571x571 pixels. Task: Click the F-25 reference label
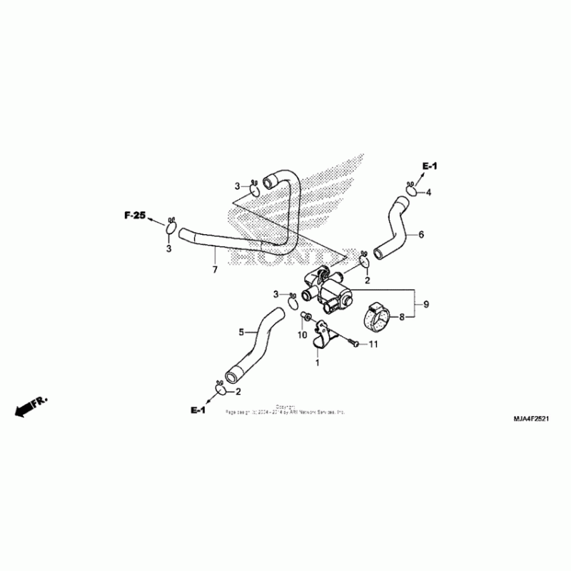pyautogui.click(x=134, y=214)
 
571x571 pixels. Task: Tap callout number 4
pyautogui.click(x=429, y=192)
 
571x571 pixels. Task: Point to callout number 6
pyautogui.click(x=421, y=234)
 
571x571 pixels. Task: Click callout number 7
pyautogui.click(x=213, y=270)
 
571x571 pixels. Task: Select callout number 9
pyautogui.click(x=426, y=305)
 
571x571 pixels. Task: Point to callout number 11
pyautogui.click(x=372, y=345)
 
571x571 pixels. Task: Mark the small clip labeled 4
pyautogui.click(x=412, y=190)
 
